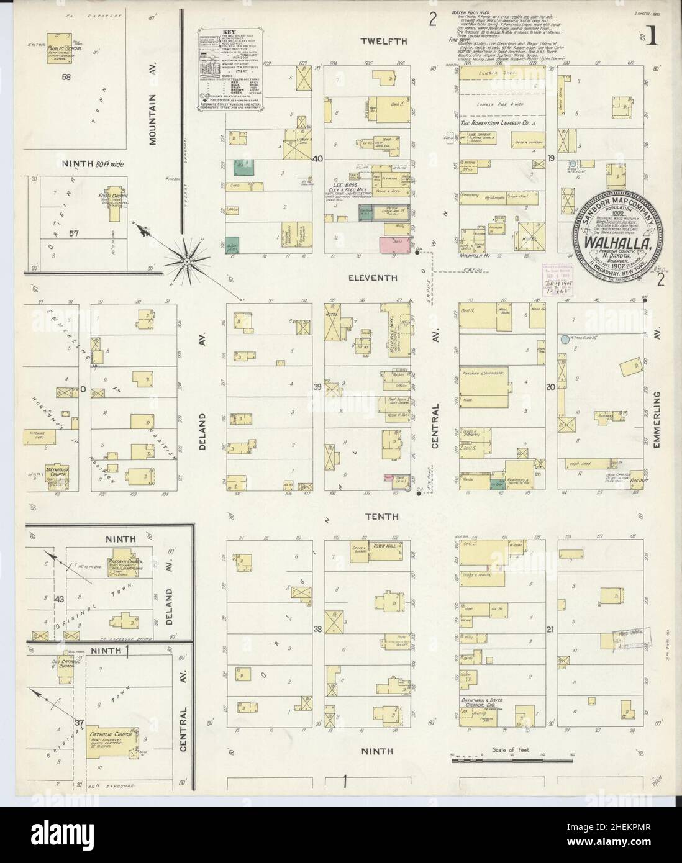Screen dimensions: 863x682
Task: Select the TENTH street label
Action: (x=382, y=516)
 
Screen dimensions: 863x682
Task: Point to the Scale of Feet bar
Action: (x=509, y=759)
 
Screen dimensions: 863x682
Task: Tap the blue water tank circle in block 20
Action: (x=563, y=339)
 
